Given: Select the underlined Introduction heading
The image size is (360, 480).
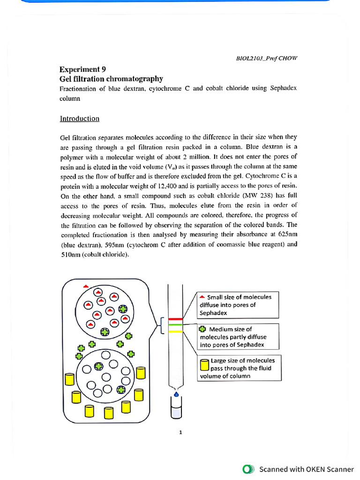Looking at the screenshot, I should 79,119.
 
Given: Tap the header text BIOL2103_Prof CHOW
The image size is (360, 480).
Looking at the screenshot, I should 266,58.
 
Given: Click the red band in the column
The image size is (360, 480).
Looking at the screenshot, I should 175,319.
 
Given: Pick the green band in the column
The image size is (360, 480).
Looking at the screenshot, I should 175,325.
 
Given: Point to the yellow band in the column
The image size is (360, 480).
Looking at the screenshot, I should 175,331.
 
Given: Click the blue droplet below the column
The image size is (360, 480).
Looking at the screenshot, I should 176,394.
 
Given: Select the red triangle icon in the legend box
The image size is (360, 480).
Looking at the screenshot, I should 202,297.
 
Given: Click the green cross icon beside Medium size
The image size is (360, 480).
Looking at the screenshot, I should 202,329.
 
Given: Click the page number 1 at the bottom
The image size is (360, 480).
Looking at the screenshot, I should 180,433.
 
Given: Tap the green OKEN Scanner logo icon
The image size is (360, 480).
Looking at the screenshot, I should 248,469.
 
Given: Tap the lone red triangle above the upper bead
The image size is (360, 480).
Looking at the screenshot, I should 85,286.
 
